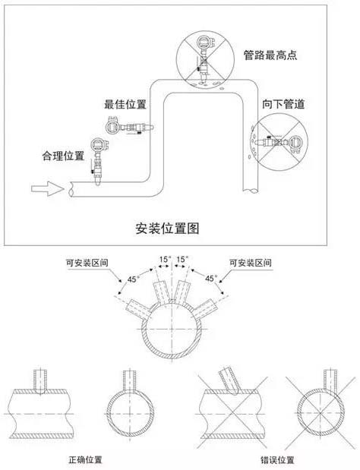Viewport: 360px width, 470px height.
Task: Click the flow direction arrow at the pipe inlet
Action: [x=47, y=189]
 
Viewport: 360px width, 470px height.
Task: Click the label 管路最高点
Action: [x=270, y=55]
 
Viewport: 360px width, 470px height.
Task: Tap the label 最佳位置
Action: [x=125, y=104]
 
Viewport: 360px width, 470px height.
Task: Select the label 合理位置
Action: [x=63, y=156]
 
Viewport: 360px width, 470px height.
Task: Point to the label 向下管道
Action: [x=283, y=104]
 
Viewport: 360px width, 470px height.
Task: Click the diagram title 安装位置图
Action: [x=167, y=228]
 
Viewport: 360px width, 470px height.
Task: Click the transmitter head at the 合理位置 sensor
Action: [x=99, y=145]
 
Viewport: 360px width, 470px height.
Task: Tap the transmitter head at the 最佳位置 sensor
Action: [x=113, y=125]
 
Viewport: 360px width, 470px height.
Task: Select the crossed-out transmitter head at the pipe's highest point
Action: [x=205, y=42]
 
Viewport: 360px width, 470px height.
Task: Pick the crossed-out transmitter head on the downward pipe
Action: [x=295, y=144]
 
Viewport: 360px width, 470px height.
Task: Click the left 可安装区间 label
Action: [x=87, y=263]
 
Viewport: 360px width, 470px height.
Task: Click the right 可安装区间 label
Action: [x=251, y=263]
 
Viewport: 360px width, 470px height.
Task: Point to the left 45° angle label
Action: [x=132, y=279]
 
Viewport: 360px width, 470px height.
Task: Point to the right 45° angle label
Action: [x=210, y=279]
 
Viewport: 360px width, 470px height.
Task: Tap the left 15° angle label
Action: [x=165, y=259]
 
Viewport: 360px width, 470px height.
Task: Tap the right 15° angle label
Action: [x=182, y=259]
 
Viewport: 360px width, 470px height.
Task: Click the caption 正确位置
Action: [x=85, y=459]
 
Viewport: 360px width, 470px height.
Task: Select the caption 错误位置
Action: [x=277, y=460]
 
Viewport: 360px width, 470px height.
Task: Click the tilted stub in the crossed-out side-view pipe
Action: [x=229, y=380]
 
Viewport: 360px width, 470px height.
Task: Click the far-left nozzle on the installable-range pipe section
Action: [x=138, y=309]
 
